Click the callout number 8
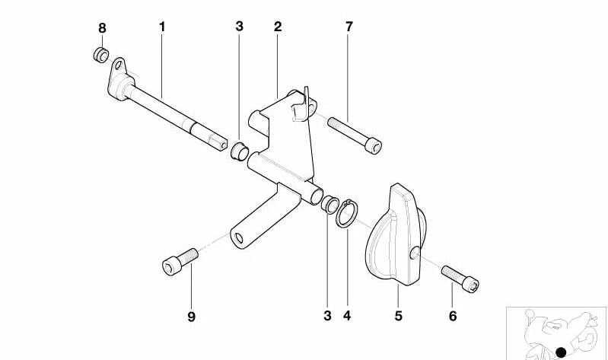click(102, 28)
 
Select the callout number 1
click(162, 27)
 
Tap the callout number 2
click(278, 27)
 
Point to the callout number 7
click(349, 27)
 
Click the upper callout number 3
click(239, 27)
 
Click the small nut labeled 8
click(100, 55)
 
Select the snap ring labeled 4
click(346, 214)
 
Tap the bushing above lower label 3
click(329, 203)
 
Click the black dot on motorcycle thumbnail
click(562, 351)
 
